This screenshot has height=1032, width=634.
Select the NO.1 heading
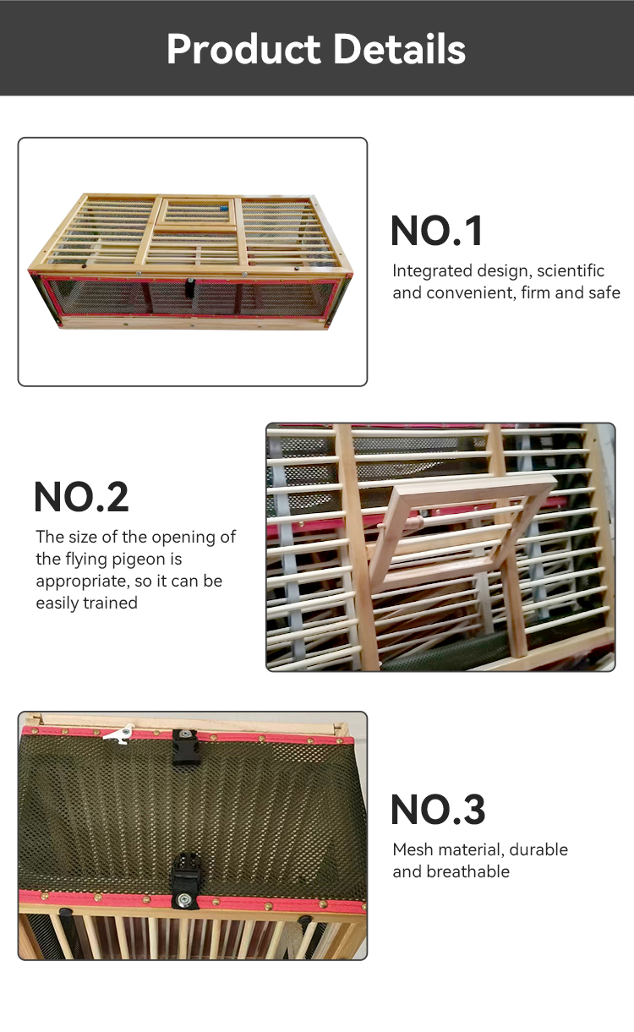coord(437,231)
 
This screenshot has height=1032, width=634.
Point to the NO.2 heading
coord(81,497)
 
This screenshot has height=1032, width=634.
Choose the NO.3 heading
coord(438,809)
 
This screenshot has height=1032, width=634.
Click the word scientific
coord(571,271)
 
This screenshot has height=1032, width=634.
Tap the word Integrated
coord(432,271)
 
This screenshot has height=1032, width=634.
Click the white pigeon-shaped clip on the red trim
coord(119,734)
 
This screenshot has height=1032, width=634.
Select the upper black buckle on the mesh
coord(186,747)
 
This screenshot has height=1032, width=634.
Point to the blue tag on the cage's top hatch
coord(224,208)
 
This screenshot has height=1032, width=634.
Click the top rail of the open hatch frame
coord(474,484)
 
